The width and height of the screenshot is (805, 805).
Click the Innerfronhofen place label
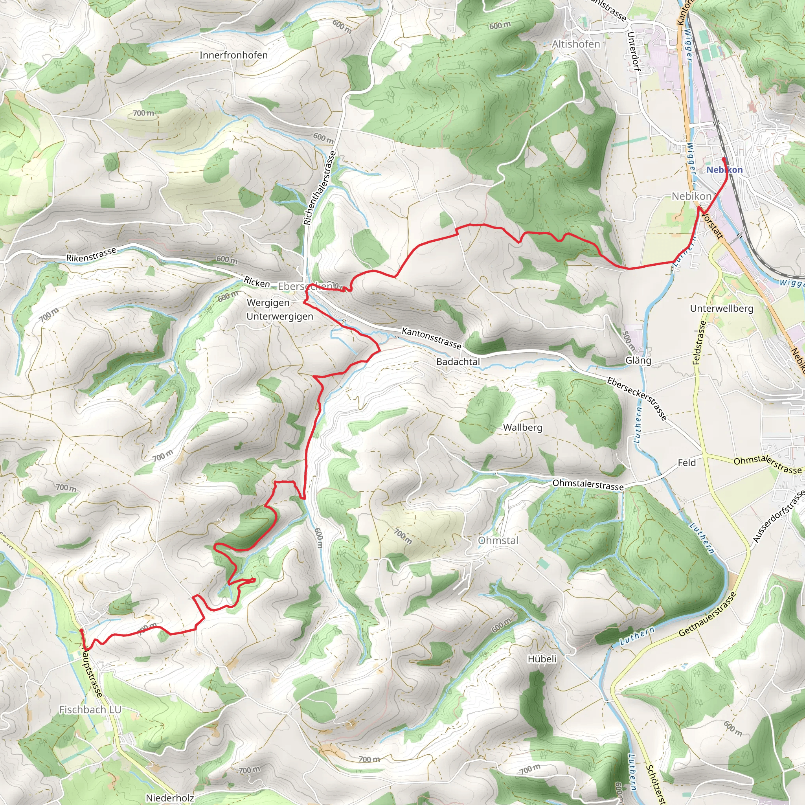tap(233, 55)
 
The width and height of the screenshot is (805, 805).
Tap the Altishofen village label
tap(576, 44)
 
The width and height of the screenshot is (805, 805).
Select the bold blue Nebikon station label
tap(724, 169)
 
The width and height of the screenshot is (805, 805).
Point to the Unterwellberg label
tap(722, 308)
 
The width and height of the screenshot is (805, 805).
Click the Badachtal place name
tap(458, 362)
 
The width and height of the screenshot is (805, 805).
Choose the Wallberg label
tap(522, 428)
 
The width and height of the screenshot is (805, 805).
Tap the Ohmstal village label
tap(498, 540)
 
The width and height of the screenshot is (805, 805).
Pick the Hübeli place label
tap(542, 659)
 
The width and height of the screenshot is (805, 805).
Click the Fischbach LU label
tap(90, 709)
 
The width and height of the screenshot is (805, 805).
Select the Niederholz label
tap(170, 798)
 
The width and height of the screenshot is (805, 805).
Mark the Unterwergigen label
tap(279, 316)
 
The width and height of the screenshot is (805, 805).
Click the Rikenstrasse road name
tap(91, 255)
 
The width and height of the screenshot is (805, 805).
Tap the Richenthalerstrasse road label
tap(320, 188)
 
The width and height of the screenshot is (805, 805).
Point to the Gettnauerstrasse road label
tap(708, 615)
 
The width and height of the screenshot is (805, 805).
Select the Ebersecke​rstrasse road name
tap(637, 399)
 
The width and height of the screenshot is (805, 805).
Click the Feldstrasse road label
tap(700, 342)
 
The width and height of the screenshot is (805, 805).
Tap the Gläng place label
tap(638, 360)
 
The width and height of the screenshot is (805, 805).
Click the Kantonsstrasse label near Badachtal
tap(431, 338)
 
